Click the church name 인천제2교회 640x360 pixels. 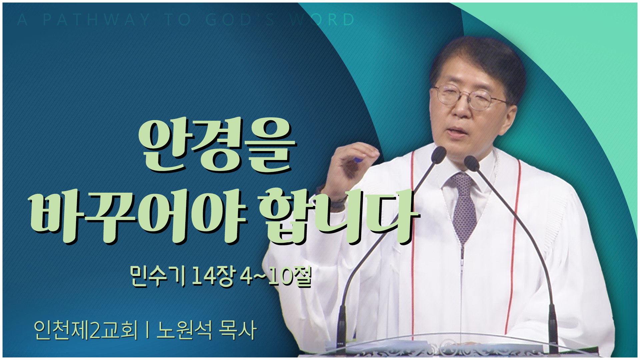point(86,330)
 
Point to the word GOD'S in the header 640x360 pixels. point(240,20)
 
